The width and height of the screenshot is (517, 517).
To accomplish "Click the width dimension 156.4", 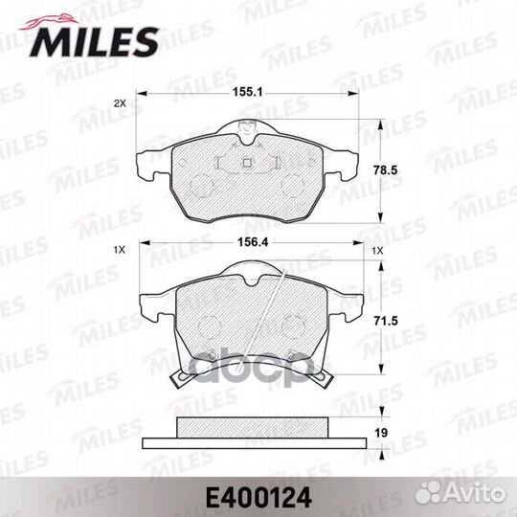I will [250, 245].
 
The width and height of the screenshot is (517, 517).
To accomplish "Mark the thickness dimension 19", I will [382, 433].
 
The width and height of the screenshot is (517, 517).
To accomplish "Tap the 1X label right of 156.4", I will [379, 250].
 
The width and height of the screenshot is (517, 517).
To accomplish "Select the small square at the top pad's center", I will [248, 162].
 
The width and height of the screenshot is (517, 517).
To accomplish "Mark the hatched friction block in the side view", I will [253, 430].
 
